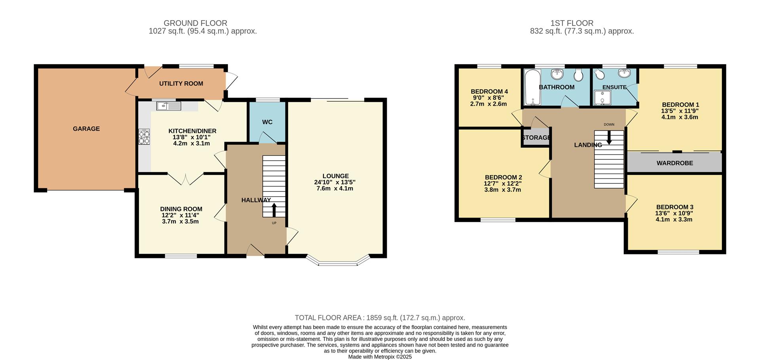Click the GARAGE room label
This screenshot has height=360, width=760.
(x=86, y=129)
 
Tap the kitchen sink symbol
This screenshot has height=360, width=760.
(x=169, y=106)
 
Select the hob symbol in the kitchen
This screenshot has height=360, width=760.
(x=144, y=136)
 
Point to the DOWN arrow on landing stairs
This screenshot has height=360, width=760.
(x=609, y=137)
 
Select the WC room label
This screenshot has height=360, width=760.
(x=267, y=122)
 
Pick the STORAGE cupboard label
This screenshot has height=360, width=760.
(x=536, y=138)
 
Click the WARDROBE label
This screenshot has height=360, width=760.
(x=674, y=163)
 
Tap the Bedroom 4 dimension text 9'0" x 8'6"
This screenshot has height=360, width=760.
(x=489, y=98)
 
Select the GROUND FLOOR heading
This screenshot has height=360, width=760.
(x=195, y=23)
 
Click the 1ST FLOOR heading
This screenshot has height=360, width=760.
(x=572, y=23)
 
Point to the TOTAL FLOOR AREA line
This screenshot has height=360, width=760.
(x=380, y=318)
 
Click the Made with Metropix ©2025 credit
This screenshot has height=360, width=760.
(x=380, y=357)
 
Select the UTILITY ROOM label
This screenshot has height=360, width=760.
(x=181, y=83)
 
